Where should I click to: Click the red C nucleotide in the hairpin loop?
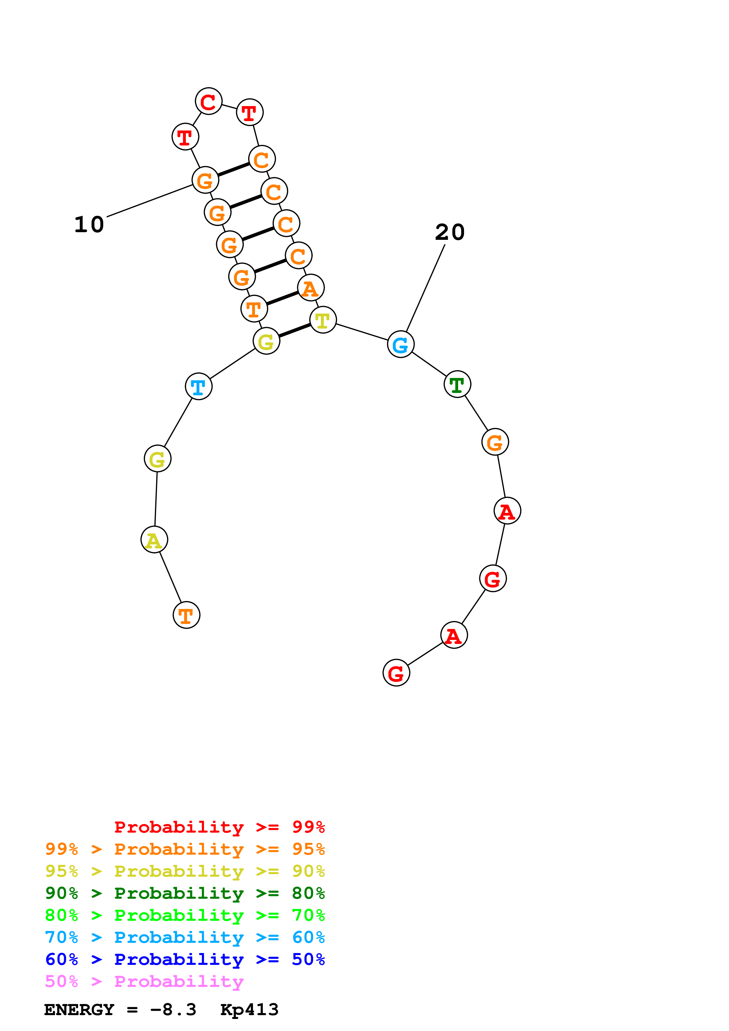pos(208,101)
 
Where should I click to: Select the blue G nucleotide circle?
pos(400,344)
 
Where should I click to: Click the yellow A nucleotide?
pos(154,540)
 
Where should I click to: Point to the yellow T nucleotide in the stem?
pos(323,320)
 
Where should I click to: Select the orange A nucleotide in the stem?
pos(310,288)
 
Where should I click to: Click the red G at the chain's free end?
pos(396,673)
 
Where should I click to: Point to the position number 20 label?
pos(450,232)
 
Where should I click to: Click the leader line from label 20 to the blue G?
pos(425,289)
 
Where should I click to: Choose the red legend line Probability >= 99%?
pos(219,827)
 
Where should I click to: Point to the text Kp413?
pos(249,1010)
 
